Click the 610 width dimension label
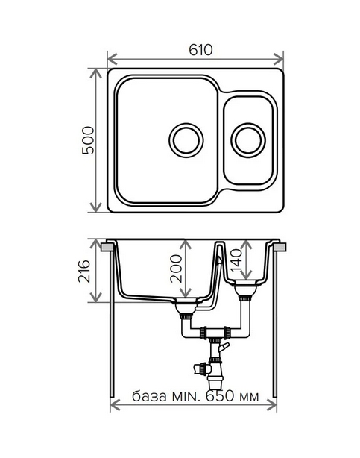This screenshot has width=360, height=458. click(x=200, y=50)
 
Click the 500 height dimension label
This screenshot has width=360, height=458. click(x=88, y=140)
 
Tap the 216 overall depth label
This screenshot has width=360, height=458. click(x=84, y=271)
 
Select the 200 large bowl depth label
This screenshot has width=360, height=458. click(x=176, y=268)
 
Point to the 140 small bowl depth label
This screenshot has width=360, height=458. click(x=236, y=259)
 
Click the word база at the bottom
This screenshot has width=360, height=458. click(x=149, y=396)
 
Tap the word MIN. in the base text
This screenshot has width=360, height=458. click(x=186, y=396)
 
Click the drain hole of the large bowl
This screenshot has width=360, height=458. click(x=186, y=140)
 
